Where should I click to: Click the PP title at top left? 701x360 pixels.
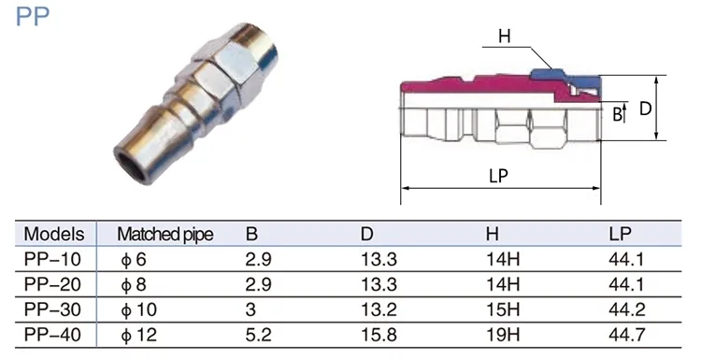(x=32, y=16)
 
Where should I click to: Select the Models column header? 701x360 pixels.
(x=53, y=234)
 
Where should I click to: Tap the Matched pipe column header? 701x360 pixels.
(x=165, y=235)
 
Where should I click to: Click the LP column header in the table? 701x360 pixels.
(x=620, y=234)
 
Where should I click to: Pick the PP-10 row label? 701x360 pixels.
(x=52, y=259)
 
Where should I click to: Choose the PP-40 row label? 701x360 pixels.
(x=52, y=335)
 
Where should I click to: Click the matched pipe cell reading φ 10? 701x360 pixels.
(x=138, y=310)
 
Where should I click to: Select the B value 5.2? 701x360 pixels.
(x=258, y=335)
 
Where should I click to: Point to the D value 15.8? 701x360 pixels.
(x=379, y=335)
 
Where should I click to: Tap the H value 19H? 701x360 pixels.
(x=503, y=335)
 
